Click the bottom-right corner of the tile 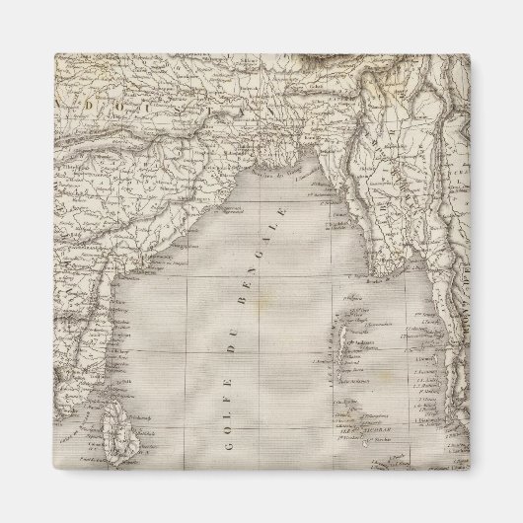coord(469,469)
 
